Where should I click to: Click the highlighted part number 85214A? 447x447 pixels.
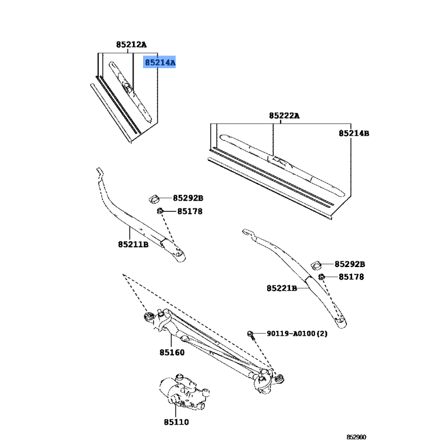point(160,63)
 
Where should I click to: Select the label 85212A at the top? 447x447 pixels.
point(131,44)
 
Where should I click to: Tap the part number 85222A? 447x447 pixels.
point(284,116)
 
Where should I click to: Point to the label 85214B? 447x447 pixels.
point(354,134)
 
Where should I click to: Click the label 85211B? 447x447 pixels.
point(133,244)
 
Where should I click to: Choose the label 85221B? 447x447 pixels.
point(282,288)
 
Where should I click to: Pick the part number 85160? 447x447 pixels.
point(172,353)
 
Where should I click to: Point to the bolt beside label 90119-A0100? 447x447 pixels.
point(251,335)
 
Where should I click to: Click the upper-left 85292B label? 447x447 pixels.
point(188,198)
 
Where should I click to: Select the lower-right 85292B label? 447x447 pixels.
point(350,264)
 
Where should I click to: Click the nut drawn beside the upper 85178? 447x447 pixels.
point(160,211)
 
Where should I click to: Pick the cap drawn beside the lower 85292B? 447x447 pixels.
point(316,264)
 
